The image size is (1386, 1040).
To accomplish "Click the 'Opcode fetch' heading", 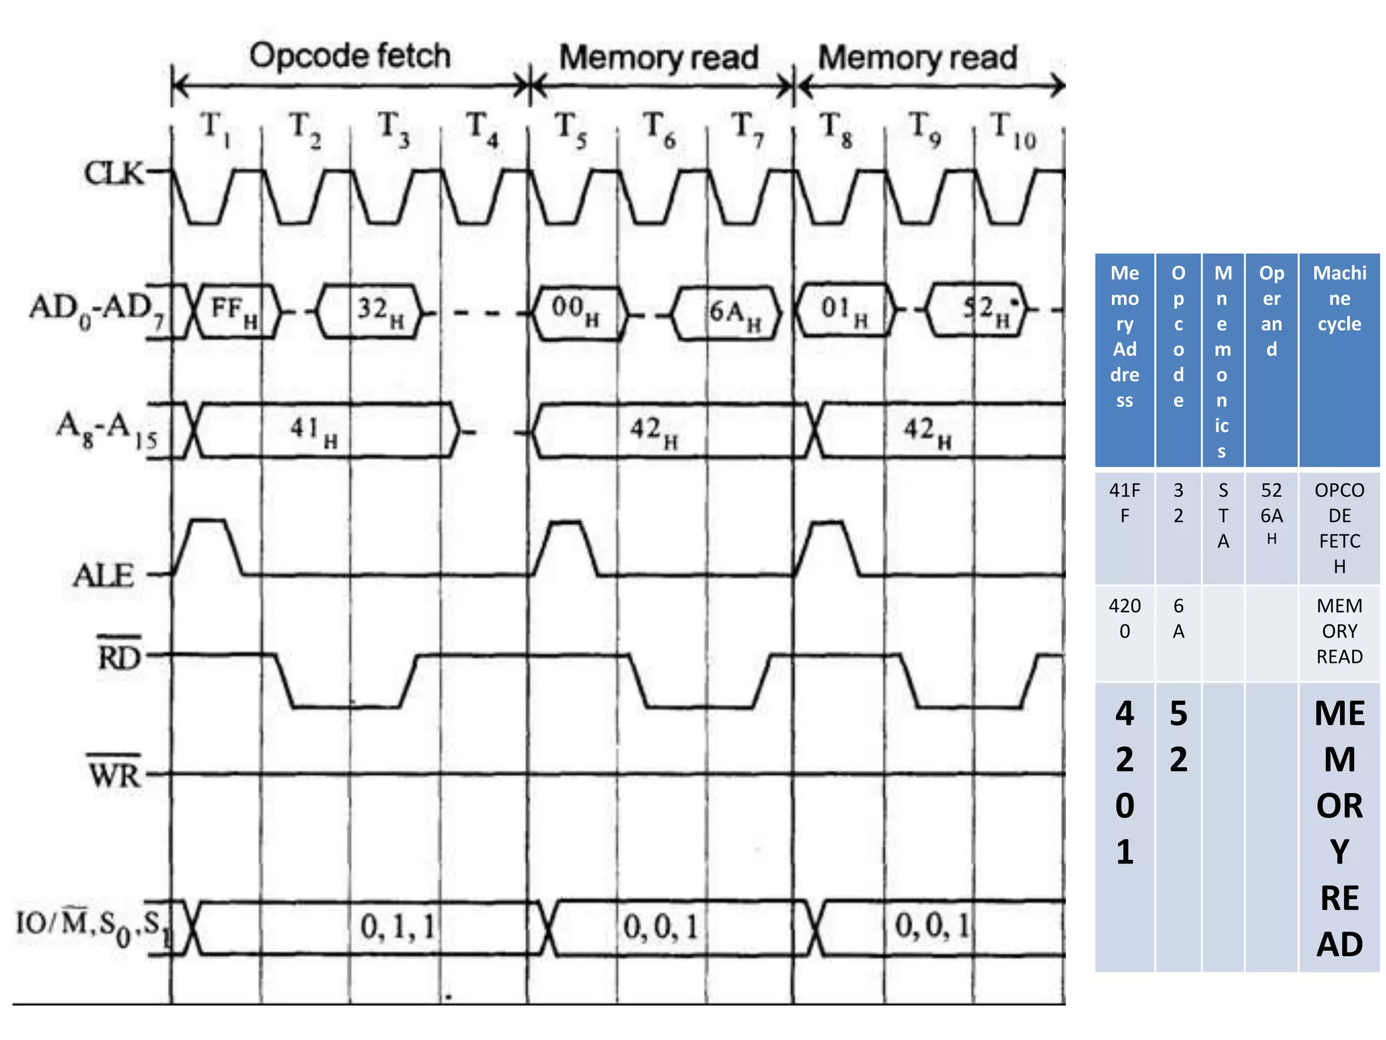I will coord(349,56).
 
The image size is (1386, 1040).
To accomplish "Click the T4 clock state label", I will coord(482,129).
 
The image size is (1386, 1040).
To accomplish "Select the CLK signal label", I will coord(114,173).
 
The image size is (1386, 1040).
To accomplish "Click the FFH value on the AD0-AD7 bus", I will coord(233,311).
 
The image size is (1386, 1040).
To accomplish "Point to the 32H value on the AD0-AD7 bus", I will coord(380,311).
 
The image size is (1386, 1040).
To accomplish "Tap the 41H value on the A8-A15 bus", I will coord(313,431).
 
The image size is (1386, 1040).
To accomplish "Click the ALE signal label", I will coord(104,576).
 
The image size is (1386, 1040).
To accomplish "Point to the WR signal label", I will coord(114,773).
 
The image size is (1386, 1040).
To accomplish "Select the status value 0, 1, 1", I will coord(397,926).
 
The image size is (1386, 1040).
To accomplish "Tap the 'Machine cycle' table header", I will coord(1339,298).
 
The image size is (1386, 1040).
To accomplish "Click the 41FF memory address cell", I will coord(1124,502).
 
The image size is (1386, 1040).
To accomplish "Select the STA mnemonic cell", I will coord(1222,515).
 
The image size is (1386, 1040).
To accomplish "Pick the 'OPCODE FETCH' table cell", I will coord(1339,527).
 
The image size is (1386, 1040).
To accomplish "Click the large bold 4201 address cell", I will coord(1124,782).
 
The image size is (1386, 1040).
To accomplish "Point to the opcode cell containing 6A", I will coord(1178,618).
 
